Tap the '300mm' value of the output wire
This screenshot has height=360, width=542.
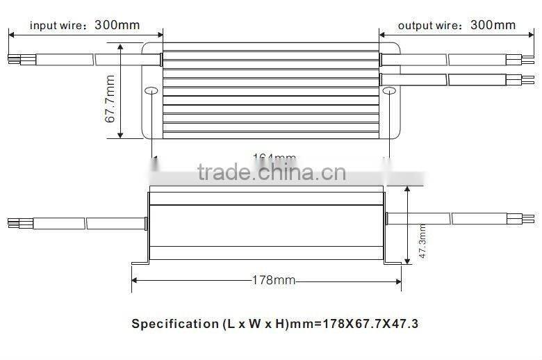[493, 25]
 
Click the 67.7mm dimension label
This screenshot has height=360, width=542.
[110, 99]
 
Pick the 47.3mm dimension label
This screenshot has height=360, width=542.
[422, 240]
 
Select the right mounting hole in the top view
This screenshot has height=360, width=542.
[388, 90]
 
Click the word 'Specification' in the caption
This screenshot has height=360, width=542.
[175, 323]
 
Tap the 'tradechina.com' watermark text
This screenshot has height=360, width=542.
[271, 172]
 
